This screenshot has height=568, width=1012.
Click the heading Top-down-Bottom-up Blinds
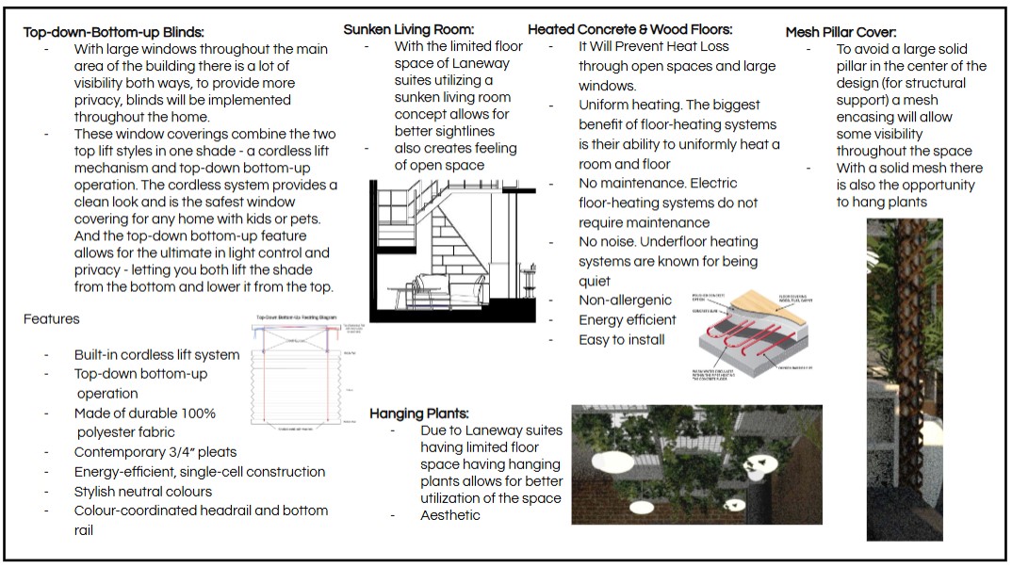coord(113,33)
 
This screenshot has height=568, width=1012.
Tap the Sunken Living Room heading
coord(408,29)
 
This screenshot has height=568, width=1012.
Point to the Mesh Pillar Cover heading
coord(841,33)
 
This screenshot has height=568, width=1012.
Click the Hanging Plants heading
coord(418,414)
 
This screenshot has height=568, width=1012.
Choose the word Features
coord(52,319)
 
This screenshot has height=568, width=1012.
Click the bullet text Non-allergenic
coord(625,300)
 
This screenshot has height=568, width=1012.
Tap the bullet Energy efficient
coord(628,320)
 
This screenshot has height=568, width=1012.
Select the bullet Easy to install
coord(621,340)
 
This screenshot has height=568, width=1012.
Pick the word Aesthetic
coord(449,515)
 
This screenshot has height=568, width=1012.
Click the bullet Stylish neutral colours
coord(142,492)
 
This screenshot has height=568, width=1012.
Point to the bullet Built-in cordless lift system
coord(156,355)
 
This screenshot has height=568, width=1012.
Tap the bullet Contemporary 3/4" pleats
coord(155,452)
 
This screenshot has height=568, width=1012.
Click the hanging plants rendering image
coord(696,463)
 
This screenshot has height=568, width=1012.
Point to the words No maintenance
coord(624,183)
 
